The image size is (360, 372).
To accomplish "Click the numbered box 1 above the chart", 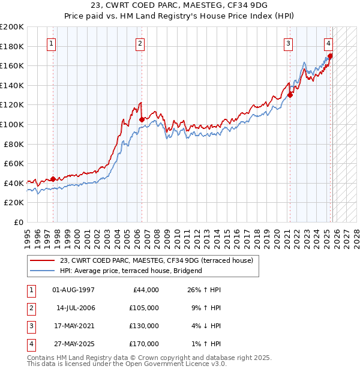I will point(51,43).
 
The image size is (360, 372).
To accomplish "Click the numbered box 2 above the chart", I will point(139,43).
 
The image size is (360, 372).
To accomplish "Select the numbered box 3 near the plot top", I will point(288,43).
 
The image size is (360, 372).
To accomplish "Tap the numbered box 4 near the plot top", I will point(329,43).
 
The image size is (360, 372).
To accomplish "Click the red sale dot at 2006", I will point(142,119).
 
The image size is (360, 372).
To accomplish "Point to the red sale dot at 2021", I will point(290,95).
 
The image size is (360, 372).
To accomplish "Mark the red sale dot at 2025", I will point(330,56).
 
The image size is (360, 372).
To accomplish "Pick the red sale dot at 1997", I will point(53,179).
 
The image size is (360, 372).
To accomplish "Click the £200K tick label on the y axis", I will point(12,27).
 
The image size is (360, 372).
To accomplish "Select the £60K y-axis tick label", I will point(14,163).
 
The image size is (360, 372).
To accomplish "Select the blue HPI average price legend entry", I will point(131,271).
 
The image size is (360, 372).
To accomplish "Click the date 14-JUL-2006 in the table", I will point(76,308).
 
